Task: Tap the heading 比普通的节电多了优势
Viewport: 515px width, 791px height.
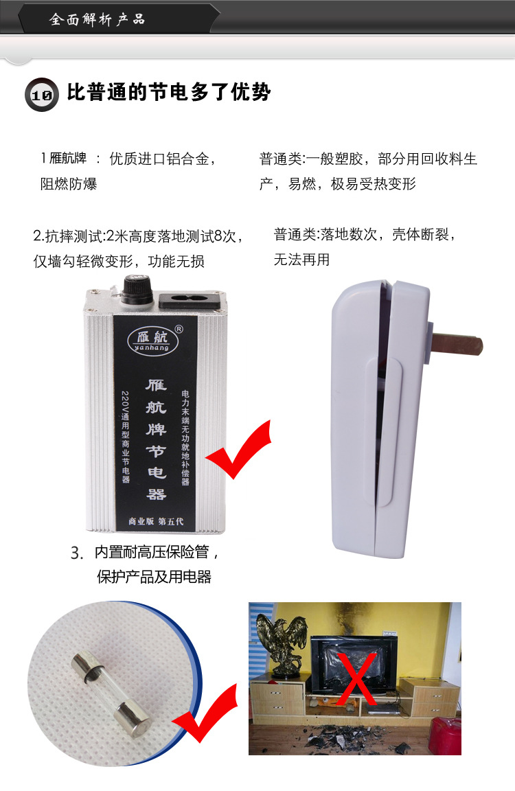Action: click(169, 93)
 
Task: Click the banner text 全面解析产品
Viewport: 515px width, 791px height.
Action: click(97, 19)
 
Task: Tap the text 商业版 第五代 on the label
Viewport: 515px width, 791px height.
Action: click(156, 520)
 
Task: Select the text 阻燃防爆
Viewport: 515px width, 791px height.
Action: click(69, 184)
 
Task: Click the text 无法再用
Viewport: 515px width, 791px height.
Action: click(302, 260)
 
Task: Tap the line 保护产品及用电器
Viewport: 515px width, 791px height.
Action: click(154, 576)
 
